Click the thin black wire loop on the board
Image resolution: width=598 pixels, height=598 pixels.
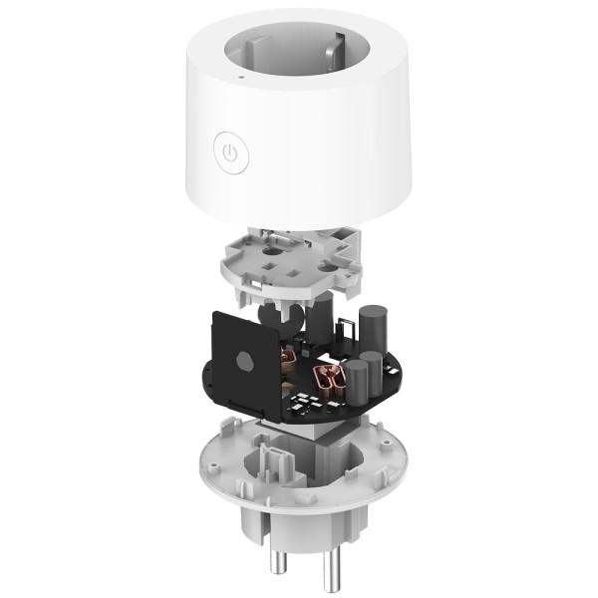click(349, 332)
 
